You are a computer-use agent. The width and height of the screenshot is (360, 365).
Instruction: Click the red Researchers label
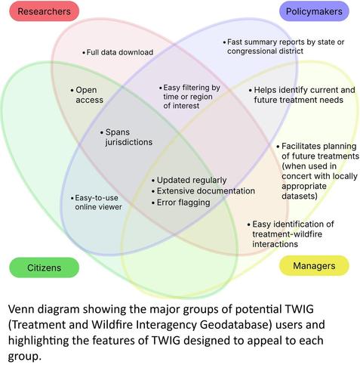pyautogui.click(x=44, y=11)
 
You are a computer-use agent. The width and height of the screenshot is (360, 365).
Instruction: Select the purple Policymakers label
pyautogui.click(x=314, y=11)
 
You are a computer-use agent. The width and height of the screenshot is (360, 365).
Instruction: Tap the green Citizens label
pyautogui.click(x=44, y=268)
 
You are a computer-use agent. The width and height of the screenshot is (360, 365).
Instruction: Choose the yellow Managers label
pyautogui.click(x=314, y=266)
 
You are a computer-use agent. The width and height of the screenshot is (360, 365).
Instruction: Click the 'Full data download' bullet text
pyautogui.click(x=118, y=52)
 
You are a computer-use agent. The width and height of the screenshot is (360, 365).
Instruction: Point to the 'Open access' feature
pyautogui.click(x=87, y=95)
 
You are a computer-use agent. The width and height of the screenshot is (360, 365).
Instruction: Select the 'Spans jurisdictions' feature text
pyautogui.click(x=127, y=137)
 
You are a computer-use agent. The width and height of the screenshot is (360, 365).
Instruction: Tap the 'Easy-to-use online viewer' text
pyautogui.click(x=97, y=203)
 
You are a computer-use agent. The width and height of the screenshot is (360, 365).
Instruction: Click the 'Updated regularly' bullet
pyautogui.click(x=189, y=181)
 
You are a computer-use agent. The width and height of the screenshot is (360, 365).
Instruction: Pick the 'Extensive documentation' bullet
pyautogui.click(x=203, y=191)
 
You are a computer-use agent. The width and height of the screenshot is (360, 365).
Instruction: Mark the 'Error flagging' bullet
pyautogui.click(x=181, y=203)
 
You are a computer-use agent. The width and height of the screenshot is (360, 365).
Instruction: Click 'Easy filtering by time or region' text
pyautogui.click(x=189, y=97)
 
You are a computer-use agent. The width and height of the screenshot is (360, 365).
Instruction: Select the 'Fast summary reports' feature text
pyautogui.click(x=284, y=46)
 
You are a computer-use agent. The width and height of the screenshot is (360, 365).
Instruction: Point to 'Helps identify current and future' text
pyautogui.click(x=302, y=95)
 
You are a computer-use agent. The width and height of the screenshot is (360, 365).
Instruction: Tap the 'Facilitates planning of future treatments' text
pyautogui.click(x=318, y=171)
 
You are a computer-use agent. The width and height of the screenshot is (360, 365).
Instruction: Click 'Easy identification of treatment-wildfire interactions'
pyautogui.click(x=291, y=234)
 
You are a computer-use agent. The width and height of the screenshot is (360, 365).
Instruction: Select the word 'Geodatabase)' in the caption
pyautogui.click(x=236, y=325)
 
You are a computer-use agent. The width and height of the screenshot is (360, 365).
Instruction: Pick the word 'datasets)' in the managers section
pyautogui.click(x=300, y=196)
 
